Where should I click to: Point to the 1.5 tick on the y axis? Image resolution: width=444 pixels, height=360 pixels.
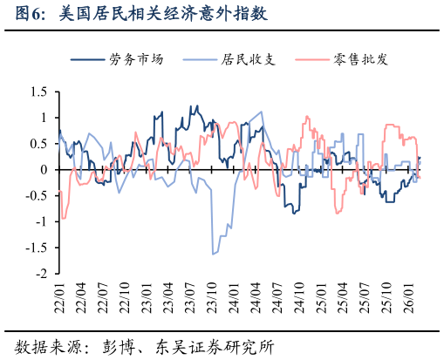(38, 92)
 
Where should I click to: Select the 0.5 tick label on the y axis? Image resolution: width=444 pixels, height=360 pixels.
(38, 144)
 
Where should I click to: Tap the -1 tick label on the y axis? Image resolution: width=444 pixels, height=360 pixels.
(40, 221)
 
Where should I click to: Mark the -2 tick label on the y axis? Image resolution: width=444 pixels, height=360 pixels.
(40, 273)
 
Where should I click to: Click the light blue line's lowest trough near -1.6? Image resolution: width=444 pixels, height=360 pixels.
(213, 254)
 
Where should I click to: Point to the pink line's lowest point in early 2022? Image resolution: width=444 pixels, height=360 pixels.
(64, 218)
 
